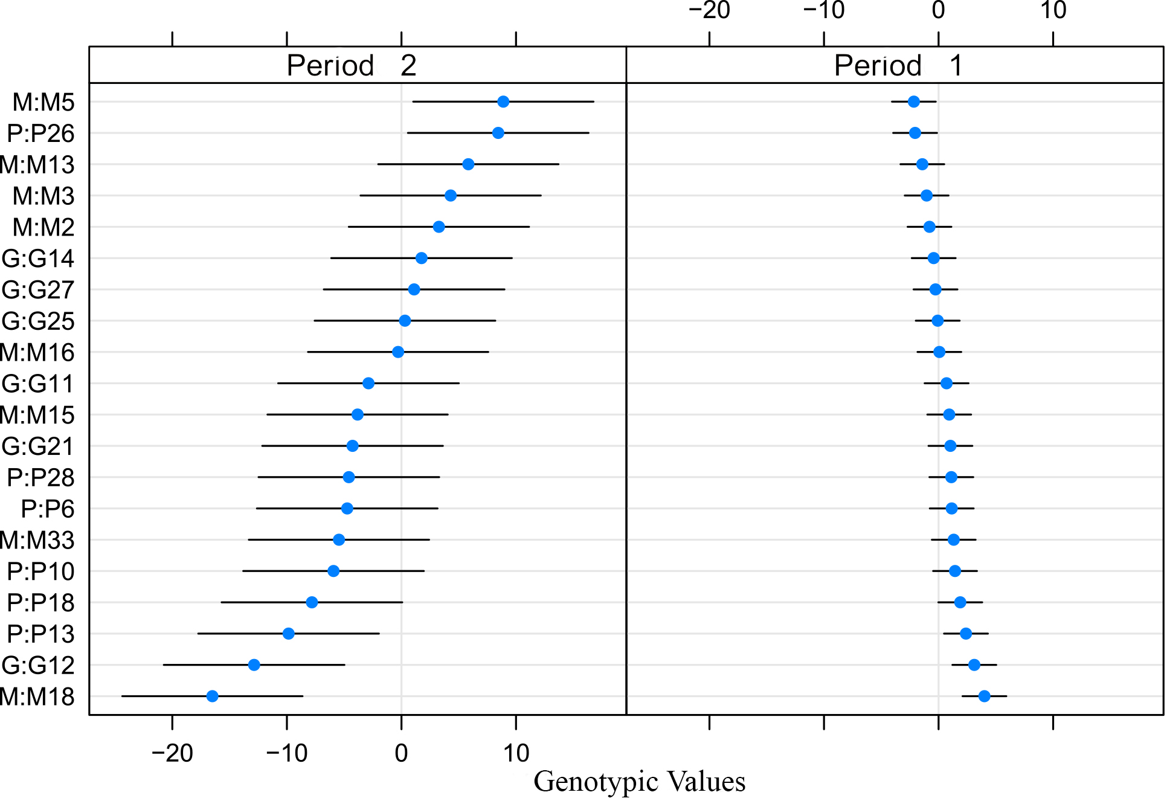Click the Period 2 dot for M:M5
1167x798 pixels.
point(503,101)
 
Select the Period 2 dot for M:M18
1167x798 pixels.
point(213,696)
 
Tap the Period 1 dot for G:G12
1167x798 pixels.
point(974,664)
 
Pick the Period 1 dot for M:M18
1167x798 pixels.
point(984,696)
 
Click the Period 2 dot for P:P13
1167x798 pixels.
point(289,633)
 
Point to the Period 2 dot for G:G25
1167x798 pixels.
point(405,321)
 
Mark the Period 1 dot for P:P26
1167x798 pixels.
point(915,133)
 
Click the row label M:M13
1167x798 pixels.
point(37,165)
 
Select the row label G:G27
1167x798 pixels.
point(38,290)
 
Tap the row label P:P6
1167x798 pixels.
point(48,509)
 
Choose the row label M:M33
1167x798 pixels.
point(37,540)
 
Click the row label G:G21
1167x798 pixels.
point(38,446)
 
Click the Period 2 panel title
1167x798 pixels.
point(352,65)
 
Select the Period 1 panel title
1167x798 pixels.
point(898,65)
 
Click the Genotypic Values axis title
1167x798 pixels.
point(639,781)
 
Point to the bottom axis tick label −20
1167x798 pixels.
point(172,753)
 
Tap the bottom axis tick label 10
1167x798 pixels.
point(516,753)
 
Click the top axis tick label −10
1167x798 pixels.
point(824,10)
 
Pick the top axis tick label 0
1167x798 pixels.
point(938,10)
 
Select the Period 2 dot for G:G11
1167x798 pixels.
point(368,383)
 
